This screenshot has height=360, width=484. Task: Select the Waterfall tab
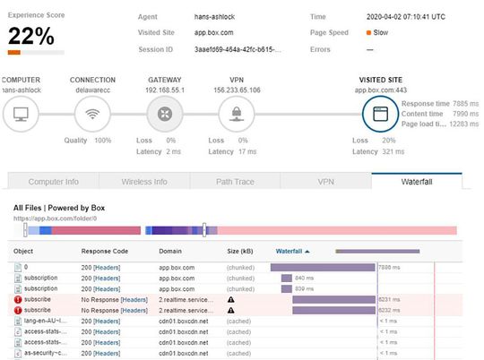416,181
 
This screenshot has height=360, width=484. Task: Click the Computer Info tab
53,181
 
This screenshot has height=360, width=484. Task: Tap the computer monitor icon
20,113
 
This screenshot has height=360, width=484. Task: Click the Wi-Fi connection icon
91,113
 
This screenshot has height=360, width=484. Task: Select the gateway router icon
164,113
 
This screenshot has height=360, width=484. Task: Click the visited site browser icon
379,114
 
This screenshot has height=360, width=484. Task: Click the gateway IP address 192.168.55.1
164,90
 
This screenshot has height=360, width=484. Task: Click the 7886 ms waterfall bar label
388,267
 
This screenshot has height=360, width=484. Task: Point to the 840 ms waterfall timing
304,278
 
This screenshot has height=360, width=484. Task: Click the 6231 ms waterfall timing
388,299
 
